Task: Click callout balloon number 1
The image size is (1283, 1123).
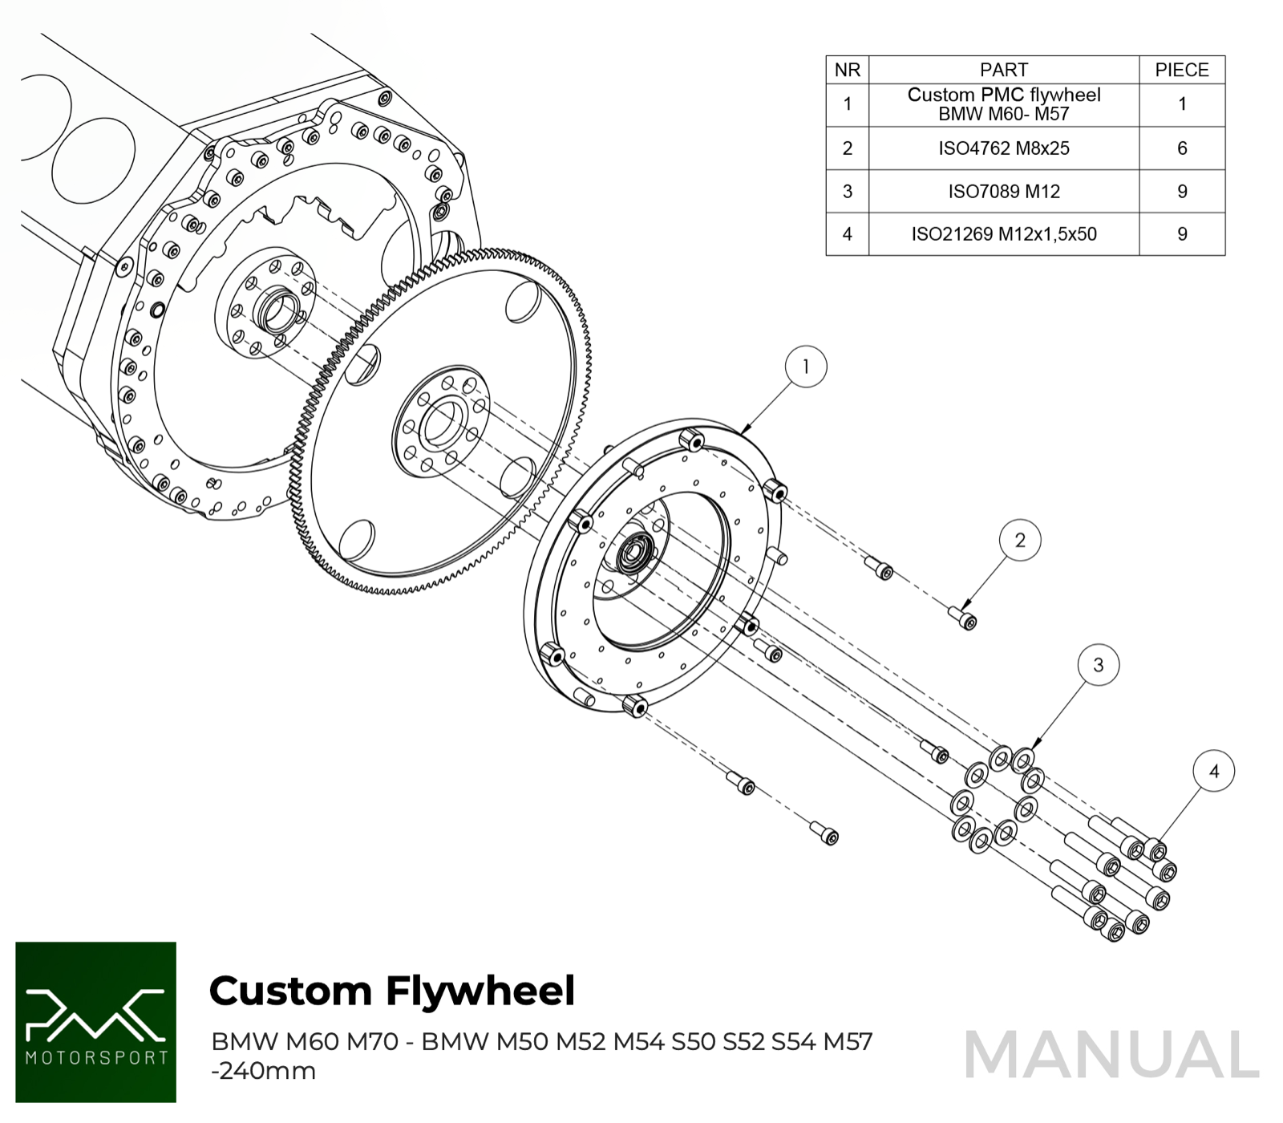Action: (x=805, y=367)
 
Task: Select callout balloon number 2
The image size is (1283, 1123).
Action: (x=1019, y=540)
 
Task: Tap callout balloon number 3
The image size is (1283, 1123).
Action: (x=1098, y=665)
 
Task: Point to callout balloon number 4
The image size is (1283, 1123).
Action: (x=1213, y=771)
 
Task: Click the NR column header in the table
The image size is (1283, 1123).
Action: (x=848, y=70)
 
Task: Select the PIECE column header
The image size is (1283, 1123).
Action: (x=1181, y=70)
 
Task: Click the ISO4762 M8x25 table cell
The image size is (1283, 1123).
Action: (x=1003, y=148)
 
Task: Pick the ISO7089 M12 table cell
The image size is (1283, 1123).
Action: (x=1003, y=192)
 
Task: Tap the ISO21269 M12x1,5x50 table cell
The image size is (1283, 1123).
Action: (x=1003, y=234)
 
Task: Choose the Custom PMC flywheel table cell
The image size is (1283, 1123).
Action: (x=1003, y=104)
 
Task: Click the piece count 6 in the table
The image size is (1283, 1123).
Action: (x=1181, y=148)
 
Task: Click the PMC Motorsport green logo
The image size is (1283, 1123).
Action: (x=95, y=1022)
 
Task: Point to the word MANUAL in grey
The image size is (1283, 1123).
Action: (x=1111, y=1055)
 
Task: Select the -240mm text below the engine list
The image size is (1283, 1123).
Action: (x=263, y=1071)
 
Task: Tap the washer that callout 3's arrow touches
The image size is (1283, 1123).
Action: (x=1023, y=758)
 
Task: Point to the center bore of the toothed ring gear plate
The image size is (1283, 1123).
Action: (x=442, y=424)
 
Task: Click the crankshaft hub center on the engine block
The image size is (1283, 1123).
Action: (x=278, y=311)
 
